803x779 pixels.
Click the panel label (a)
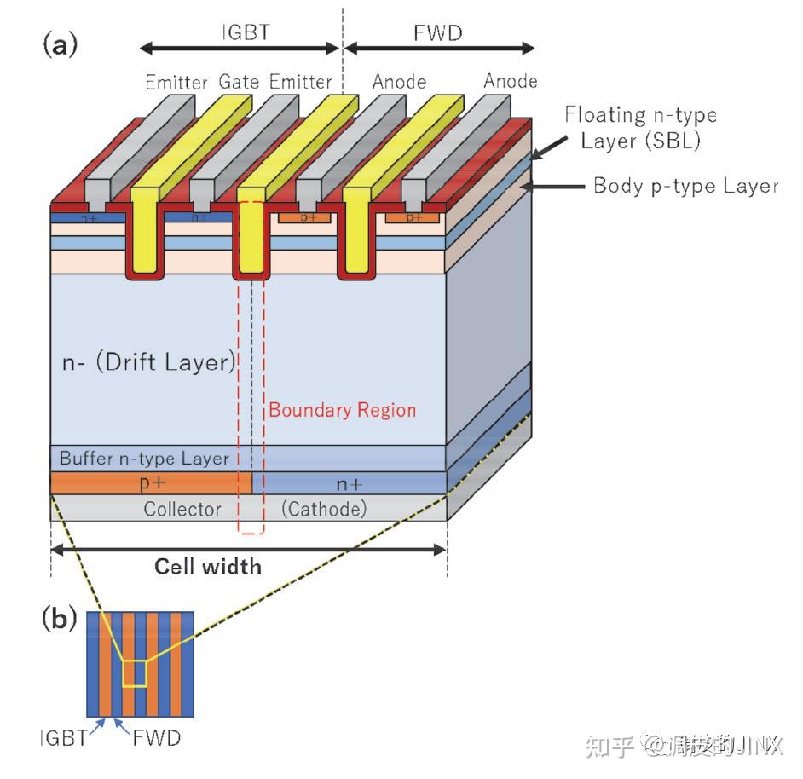(x=60, y=44)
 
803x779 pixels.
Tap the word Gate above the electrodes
(x=239, y=82)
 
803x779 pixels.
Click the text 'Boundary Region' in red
(x=343, y=410)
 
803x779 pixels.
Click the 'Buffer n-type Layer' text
(x=144, y=459)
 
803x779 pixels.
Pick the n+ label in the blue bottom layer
(x=349, y=484)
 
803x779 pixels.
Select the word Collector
(x=182, y=509)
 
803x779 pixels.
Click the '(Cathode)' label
(x=324, y=509)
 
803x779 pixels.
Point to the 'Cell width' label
(x=208, y=566)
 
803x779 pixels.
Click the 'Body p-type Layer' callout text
(x=685, y=186)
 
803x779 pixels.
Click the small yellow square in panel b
(x=135, y=672)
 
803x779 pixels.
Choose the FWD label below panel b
(x=157, y=738)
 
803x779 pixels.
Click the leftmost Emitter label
(x=176, y=83)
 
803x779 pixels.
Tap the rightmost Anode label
(x=511, y=81)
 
